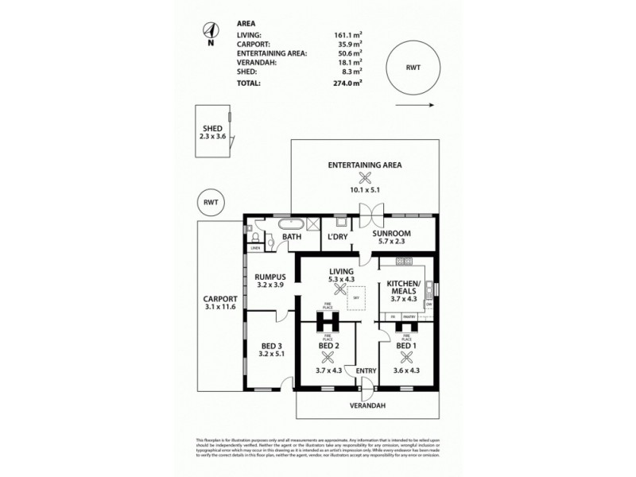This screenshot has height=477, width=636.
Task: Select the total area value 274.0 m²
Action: point(347,83)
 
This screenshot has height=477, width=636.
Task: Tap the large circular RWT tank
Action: point(412,68)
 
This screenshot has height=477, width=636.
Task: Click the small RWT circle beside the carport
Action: point(211,203)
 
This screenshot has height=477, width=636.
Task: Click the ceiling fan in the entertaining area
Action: point(366,178)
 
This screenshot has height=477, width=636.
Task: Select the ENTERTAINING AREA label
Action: point(366,165)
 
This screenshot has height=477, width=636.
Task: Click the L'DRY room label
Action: point(335,237)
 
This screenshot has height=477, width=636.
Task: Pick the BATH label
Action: point(291,237)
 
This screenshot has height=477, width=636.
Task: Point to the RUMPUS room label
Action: point(270,277)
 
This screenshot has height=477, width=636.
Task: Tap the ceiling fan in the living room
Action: point(341,291)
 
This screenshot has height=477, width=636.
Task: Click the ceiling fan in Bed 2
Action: point(329,357)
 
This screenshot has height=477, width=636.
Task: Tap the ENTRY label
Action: point(366,370)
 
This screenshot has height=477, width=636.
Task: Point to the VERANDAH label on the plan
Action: point(366,405)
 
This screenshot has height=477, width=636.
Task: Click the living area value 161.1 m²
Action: point(347,35)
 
